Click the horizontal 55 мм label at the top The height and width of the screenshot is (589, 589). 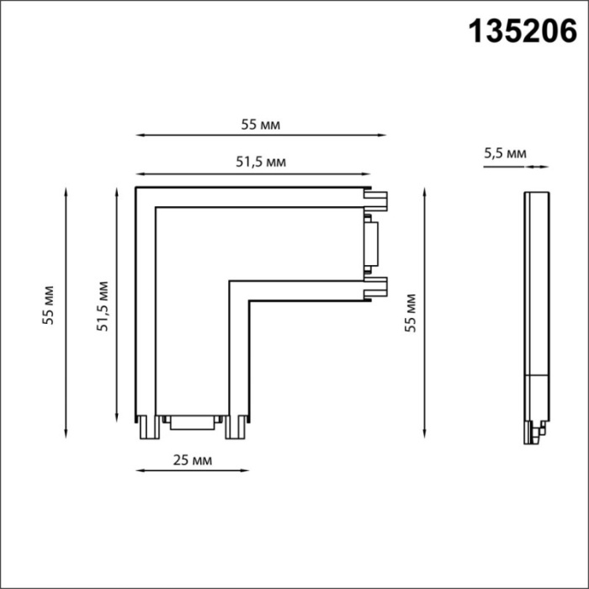[260, 125]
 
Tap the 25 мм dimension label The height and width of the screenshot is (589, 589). [191, 460]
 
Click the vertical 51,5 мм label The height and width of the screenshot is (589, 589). [103, 306]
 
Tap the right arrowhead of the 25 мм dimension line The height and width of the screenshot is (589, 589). [247, 470]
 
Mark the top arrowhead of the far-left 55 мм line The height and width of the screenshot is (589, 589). [66, 190]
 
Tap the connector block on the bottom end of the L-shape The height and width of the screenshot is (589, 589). [194, 422]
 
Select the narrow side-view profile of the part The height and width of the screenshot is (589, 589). [532, 311]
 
